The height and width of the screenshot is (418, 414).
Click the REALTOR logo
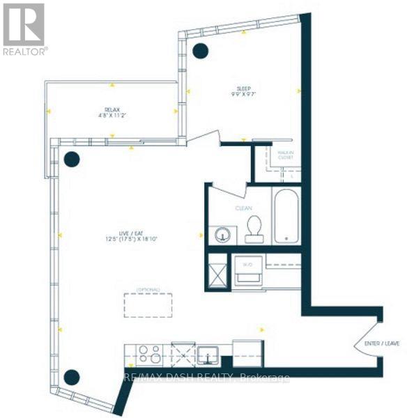click(x=24, y=29)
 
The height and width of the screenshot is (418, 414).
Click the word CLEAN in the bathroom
click(x=243, y=207)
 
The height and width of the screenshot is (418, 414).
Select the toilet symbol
click(x=254, y=229)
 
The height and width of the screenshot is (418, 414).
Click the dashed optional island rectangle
click(x=148, y=305)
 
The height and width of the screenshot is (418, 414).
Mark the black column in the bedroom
click(x=201, y=50)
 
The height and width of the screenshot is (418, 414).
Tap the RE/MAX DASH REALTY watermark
click(x=206, y=378)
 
